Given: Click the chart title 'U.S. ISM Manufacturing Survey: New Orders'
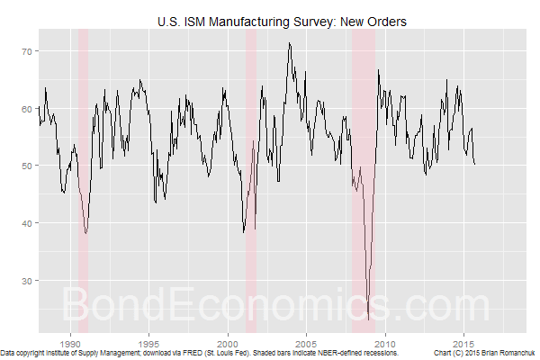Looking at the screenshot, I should [x=281, y=19].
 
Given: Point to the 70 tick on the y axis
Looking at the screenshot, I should [x=27, y=51].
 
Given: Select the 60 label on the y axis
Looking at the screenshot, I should [x=27, y=109].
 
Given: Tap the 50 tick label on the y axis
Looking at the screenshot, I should [x=27, y=166].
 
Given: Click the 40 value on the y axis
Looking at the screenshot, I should [x=27, y=223].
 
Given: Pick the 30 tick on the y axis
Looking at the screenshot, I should [x=27, y=281].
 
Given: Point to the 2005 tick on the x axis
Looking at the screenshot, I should [x=307, y=343].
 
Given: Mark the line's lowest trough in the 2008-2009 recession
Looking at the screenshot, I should [x=368, y=319].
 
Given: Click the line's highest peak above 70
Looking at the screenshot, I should [x=289, y=42].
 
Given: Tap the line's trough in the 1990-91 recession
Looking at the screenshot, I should [x=85, y=233].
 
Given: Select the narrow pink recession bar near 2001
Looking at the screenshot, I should [x=251, y=180].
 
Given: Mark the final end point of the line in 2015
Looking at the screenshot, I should [x=475, y=164].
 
